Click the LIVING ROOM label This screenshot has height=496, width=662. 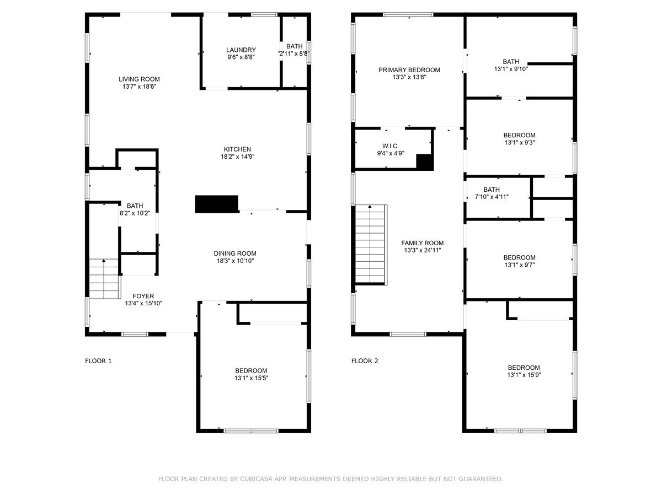pos(139,79)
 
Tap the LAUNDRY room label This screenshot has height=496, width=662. pos(241,50)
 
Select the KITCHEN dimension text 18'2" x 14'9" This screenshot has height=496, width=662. pos(238,157)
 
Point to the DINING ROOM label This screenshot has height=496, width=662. pos(235,254)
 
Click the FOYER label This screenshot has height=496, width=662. pos(143,296)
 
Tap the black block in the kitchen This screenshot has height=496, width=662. pos(217,204)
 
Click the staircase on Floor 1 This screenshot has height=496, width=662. pos(104,279)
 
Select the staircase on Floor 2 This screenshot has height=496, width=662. pos(371,245)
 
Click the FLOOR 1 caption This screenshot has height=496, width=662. pos(98,361)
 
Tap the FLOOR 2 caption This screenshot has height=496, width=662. pos(365,361)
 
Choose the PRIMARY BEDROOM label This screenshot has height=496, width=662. pos(409,70)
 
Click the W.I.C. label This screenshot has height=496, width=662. pos(391,146)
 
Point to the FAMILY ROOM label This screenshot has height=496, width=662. pos(422,243)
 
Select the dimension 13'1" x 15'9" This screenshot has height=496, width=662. pos(524,375)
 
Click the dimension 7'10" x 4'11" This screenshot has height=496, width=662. pos(492,197)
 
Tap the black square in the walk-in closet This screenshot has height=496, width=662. pos(425,163)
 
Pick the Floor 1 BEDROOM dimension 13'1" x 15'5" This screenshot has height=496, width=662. pos(251,378)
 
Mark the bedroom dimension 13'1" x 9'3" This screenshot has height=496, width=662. pos(520,142)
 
